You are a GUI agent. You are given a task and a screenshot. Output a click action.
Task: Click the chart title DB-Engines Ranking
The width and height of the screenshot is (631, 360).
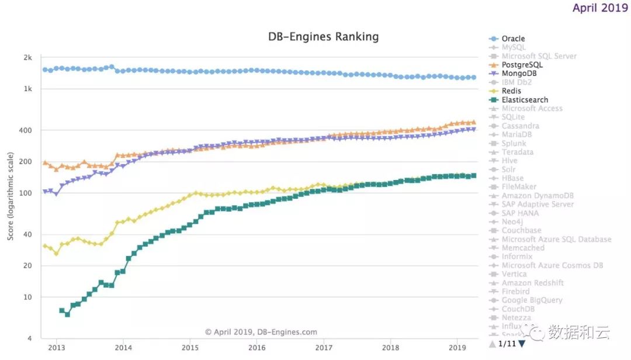[x=323, y=37]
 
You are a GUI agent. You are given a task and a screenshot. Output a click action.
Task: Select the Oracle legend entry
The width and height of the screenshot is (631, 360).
[x=513, y=39]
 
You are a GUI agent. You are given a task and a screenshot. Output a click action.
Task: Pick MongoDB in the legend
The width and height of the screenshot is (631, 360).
[x=519, y=74]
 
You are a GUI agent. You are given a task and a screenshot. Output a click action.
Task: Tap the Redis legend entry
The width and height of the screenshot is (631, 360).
[x=511, y=91]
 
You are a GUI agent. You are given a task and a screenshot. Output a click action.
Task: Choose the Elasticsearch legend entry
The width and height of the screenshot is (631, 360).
[x=525, y=100]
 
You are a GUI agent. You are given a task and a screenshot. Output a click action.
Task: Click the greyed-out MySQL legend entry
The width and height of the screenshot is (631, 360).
[x=514, y=47]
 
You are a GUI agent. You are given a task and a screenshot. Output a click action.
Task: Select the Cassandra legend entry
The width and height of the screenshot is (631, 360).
[x=520, y=126]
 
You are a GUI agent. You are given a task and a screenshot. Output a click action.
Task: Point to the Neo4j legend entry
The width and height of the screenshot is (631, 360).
[x=512, y=221]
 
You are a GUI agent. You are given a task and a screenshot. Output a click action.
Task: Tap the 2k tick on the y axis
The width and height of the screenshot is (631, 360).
[x=27, y=57]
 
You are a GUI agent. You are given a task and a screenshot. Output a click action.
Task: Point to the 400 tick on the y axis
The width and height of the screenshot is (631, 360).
[x=26, y=130]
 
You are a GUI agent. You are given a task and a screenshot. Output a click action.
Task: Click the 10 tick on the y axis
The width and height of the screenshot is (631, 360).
[x=27, y=297]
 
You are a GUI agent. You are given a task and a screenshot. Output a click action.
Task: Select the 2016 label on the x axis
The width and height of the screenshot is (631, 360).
[x=256, y=347]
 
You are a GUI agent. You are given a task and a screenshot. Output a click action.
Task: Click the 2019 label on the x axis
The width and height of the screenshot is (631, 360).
[x=457, y=347]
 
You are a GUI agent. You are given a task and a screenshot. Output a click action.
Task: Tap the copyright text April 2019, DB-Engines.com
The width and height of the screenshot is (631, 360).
[x=261, y=332]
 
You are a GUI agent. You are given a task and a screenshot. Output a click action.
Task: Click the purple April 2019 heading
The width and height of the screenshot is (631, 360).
[x=600, y=8]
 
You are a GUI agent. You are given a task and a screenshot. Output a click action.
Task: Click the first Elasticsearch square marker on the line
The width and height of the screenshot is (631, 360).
[x=62, y=310]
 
